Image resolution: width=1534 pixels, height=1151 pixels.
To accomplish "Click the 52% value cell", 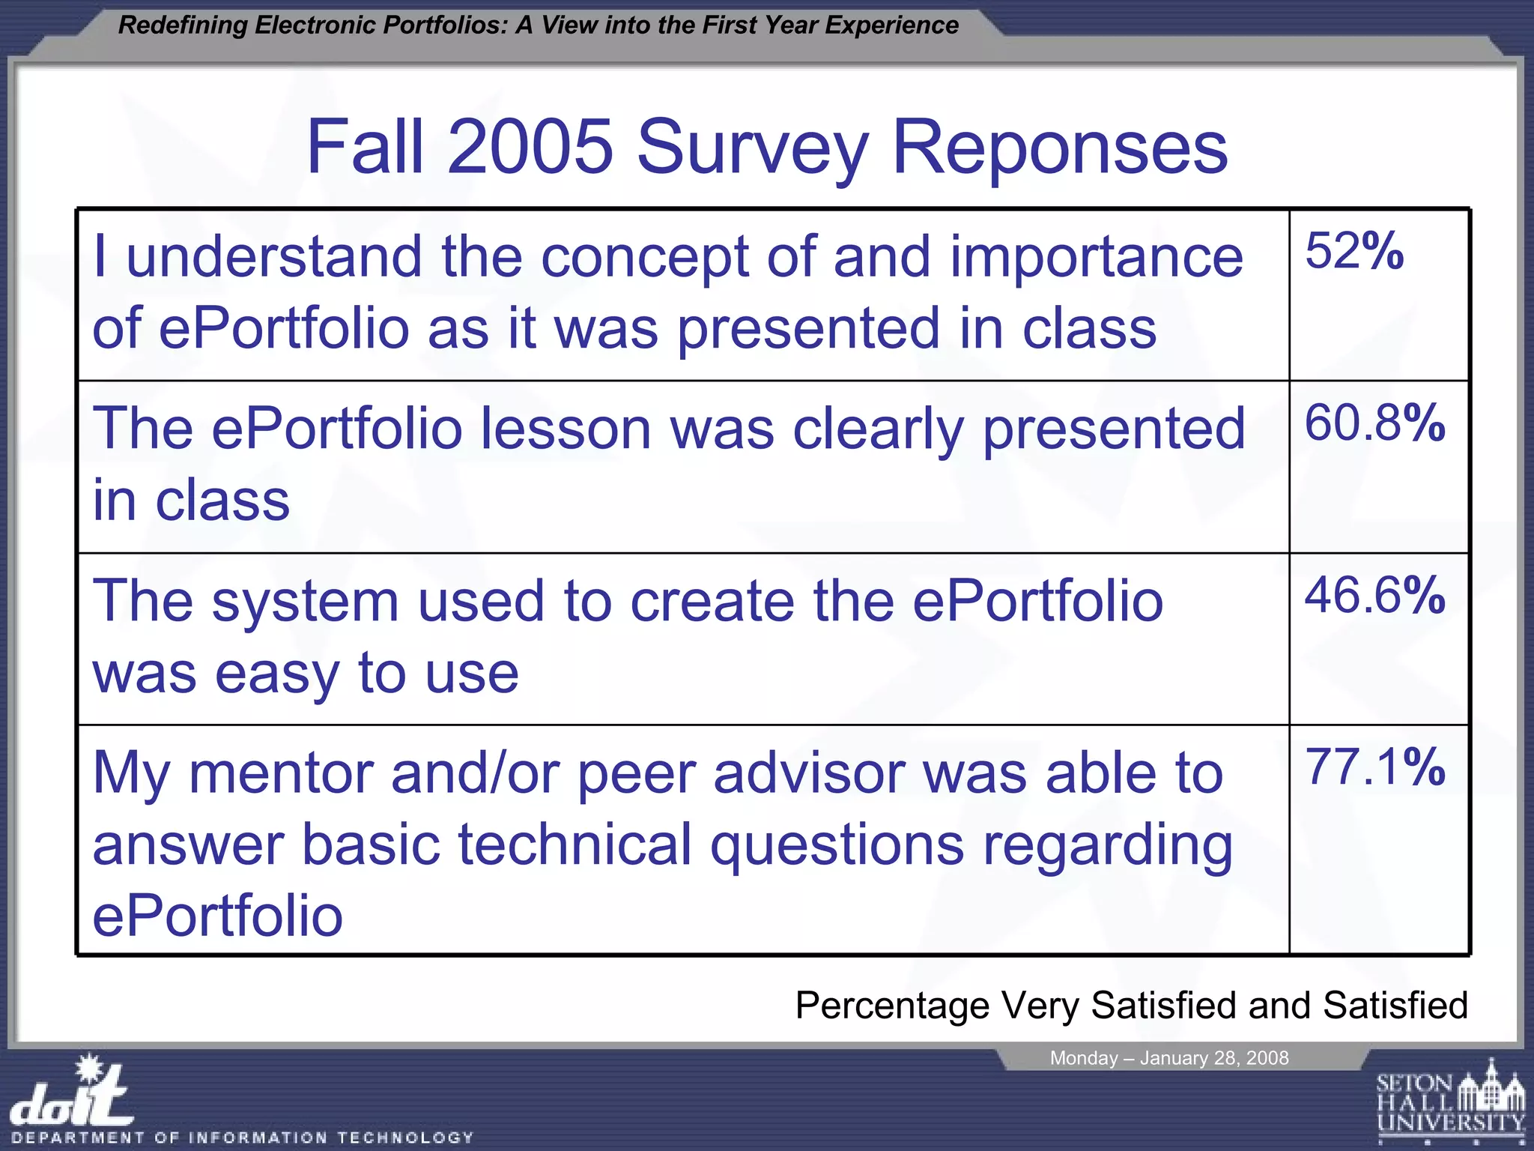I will coord(1353,251).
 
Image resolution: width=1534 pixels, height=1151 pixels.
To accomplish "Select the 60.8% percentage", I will coord(1374,423).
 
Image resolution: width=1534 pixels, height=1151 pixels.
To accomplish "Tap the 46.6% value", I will coord(1374,596).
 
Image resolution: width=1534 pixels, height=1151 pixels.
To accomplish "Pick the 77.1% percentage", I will coord(1374,767).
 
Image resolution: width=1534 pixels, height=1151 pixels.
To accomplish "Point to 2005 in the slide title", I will coord(530,147).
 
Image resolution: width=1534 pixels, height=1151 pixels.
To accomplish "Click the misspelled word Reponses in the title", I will coord(1059,148).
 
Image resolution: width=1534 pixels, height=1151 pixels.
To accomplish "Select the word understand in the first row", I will coord(274,257).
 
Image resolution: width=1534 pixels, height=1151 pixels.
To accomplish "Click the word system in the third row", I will coord(305,602).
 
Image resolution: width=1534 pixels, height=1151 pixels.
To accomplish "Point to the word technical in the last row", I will coord(575,845).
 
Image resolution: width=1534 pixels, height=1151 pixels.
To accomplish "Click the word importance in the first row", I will coord(1097,257).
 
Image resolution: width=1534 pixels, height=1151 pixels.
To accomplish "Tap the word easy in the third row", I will coord(277,674).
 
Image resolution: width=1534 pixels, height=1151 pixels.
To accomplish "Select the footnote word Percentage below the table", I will coord(891,1006).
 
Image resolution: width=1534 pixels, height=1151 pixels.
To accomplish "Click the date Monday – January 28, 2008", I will coord(1168,1058).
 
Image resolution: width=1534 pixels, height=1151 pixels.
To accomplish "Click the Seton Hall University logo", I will coord(1450,1102).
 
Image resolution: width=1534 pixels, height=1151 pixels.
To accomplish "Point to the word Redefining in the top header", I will coord(183,25).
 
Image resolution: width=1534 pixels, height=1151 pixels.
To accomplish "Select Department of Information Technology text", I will coord(243,1138).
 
